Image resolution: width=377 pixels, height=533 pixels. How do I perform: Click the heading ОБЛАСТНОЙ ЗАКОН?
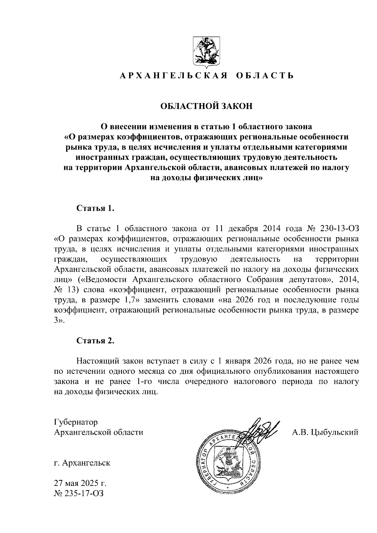coord(206,106)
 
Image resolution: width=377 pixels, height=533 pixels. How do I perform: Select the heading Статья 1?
coord(95,209)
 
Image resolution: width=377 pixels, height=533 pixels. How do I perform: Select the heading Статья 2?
coord(95,341)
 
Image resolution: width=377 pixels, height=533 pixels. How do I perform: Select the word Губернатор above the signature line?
coord(76,422)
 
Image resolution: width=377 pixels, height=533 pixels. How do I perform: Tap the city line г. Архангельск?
coord(82,463)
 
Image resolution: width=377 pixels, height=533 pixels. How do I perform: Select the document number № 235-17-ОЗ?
coord(79,493)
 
